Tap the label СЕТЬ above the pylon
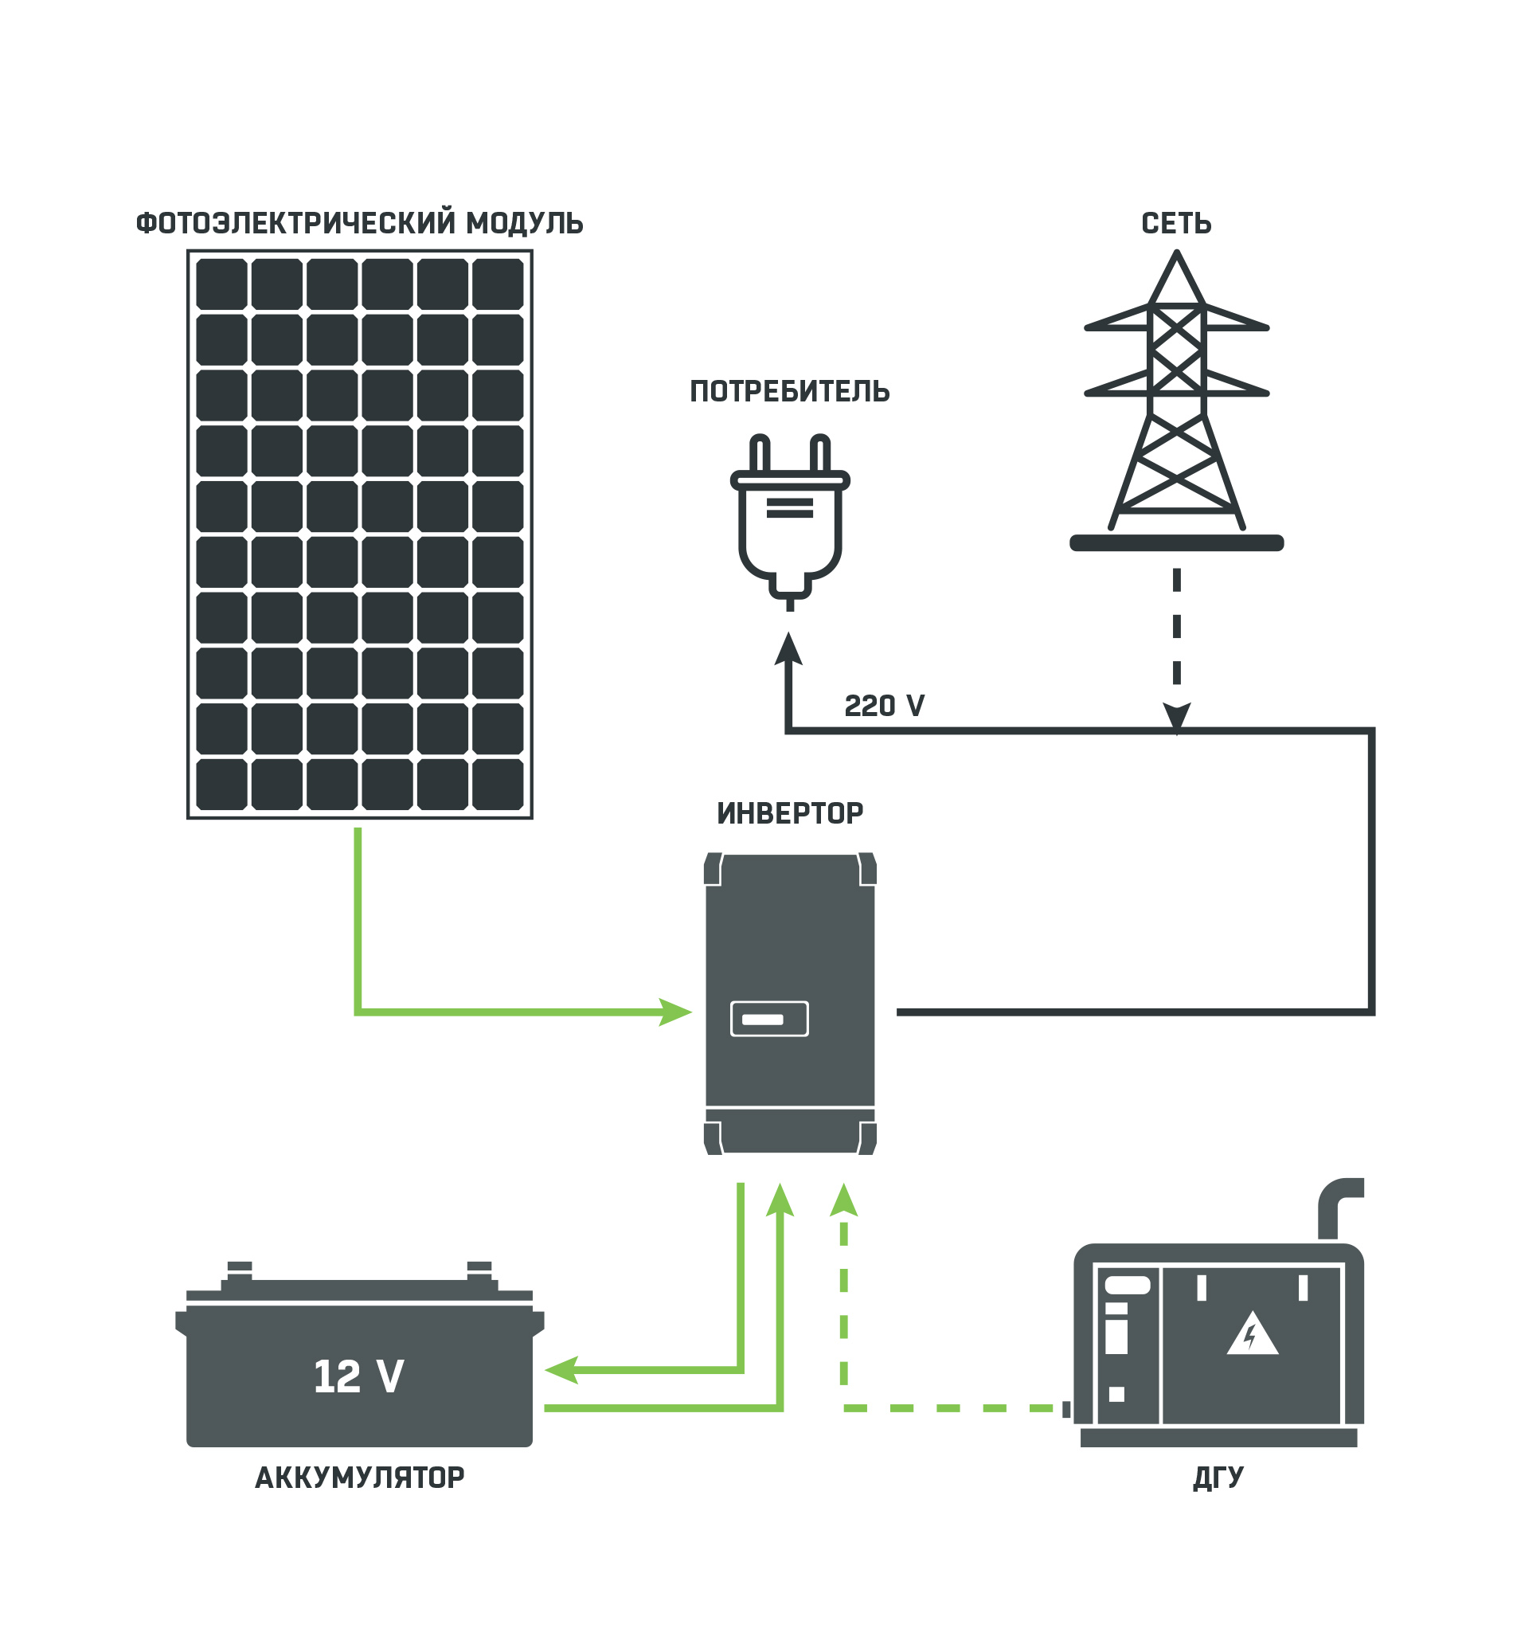click(1176, 223)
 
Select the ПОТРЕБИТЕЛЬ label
click(790, 392)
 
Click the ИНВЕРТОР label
click(790, 814)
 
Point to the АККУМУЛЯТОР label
click(360, 1478)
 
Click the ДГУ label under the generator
click(1218, 1478)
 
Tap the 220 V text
click(885, 707)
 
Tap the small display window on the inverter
click(769, 1020)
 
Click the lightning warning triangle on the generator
click(1252, 1335)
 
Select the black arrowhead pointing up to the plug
click(788, 649)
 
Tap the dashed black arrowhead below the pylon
click(1176, 716)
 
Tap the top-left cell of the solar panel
click(221, 284)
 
